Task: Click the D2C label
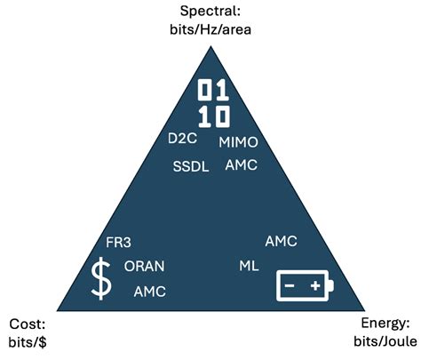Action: click(182, 139)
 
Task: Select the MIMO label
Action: click(238, 142)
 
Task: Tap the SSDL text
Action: click(191, 166)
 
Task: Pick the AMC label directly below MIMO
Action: click(241, 165)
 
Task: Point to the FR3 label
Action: click(118, 243)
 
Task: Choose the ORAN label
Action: click(144, 266)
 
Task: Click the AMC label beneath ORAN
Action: click(149, 292)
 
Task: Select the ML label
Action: click(249, 266)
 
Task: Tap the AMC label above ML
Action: click(281, 242)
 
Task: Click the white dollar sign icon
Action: click(101, 278)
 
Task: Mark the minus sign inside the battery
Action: click(290, 285)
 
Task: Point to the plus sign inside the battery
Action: click(315, 285)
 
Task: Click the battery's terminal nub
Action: click(331, 285)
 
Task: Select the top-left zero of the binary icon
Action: click(204, 90)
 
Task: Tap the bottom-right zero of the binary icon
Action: click(223, 116)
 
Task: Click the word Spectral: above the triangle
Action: click(210, 12)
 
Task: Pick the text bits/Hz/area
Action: click(210, 29)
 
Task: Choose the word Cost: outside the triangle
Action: click(28, 324)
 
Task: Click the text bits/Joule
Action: click(385, 341)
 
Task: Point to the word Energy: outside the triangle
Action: click(385, 324)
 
